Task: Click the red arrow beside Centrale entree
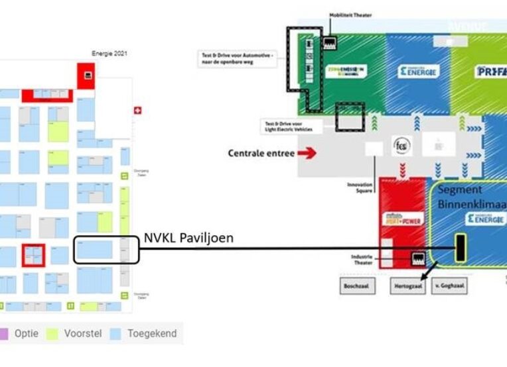[305, 153]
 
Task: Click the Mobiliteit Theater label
[350, 14]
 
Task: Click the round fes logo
[401, 145]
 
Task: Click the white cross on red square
[137, 110]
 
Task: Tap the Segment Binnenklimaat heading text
[471, 198]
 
